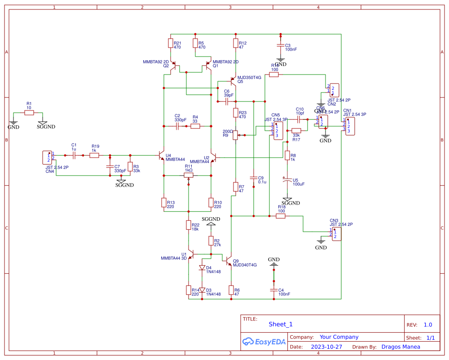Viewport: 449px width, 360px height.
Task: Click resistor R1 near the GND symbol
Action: (x=29, y=113)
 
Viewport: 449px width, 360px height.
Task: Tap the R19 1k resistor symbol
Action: (x=94, y=155)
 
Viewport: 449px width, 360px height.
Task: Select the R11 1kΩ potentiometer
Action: (x=189, y=176)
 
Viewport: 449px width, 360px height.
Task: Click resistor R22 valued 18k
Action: (x=189, y=225)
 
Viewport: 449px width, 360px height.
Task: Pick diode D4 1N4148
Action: (x=202, y=268)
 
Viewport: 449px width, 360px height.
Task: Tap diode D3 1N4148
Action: (x=202, y=290)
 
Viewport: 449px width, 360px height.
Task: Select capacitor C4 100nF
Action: (x=273, y=290)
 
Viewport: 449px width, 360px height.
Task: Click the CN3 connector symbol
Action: (x=336, y=234)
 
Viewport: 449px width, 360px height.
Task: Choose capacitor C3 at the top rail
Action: (x=280, y=46)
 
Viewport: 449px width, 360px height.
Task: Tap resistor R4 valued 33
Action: (x=195, y=127)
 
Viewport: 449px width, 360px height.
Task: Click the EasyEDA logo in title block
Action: (x=264, y=342)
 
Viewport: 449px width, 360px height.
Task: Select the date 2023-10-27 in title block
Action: (x=326, y=347)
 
